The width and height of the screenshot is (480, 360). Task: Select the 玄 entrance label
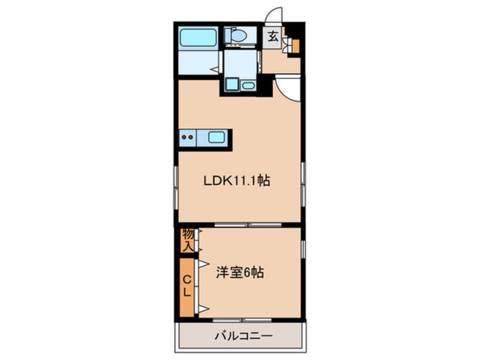[273, 37]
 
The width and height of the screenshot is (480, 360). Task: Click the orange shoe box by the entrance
[296, 46]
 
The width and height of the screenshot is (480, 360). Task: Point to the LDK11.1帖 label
[237, 181]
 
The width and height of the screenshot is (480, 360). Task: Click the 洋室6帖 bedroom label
[240, 273]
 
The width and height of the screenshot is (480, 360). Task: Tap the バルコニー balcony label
[243, 336]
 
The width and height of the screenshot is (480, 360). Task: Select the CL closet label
[187, 286]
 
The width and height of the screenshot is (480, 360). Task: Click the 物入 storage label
[188, 240]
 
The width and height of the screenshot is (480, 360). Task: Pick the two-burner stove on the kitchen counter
[187, 137]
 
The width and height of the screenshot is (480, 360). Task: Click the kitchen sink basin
[216, 137]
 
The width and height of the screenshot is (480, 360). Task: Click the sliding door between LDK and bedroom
[248, 225]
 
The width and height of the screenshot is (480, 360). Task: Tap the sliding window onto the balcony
[242, 320]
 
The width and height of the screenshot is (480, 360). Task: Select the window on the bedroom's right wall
[303, 249]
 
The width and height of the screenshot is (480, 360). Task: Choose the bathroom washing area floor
[199, 62]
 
